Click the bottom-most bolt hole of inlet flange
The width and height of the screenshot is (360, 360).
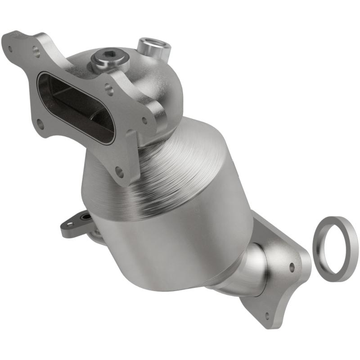(119, 172)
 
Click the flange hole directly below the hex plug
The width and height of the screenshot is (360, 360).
(109, 89)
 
